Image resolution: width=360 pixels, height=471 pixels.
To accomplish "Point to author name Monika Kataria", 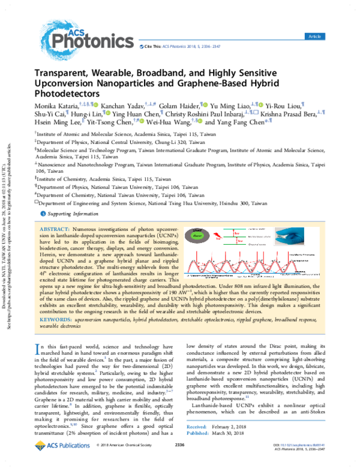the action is click(54, 106).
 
